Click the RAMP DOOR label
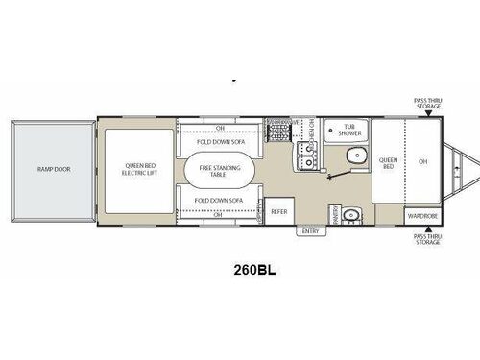54,169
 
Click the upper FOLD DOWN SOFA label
216,139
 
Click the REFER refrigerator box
279,211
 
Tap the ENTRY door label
309,230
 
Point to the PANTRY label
333,214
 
